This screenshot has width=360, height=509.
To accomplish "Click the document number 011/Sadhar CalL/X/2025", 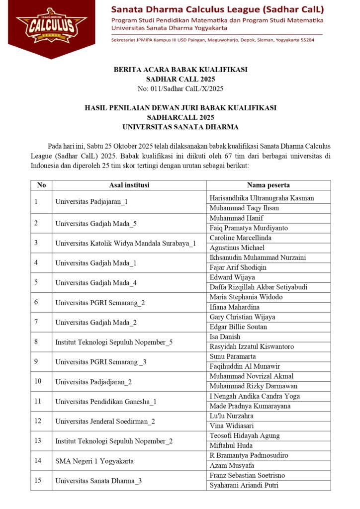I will [180, 89].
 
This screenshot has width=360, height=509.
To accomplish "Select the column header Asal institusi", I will [129, 185].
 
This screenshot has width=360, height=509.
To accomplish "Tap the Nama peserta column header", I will [269, 185].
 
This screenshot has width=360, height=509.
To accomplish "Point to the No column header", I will [41, 185].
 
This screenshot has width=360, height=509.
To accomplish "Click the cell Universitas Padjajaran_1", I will [91, 202].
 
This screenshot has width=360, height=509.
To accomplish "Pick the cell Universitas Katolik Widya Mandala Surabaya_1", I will [125, 243].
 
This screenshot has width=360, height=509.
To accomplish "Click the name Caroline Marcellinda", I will [241, 238].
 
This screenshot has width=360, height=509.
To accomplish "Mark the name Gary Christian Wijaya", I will [242, 317].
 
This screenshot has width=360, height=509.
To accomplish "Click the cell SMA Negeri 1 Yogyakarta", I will [94, 461].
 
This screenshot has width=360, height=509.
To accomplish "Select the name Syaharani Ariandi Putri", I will [244, 485].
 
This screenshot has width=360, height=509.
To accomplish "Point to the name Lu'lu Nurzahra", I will [231, 416].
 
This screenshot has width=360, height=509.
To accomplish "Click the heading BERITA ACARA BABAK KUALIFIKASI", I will [180, 70].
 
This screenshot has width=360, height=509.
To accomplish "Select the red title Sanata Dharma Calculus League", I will [217, 9].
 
